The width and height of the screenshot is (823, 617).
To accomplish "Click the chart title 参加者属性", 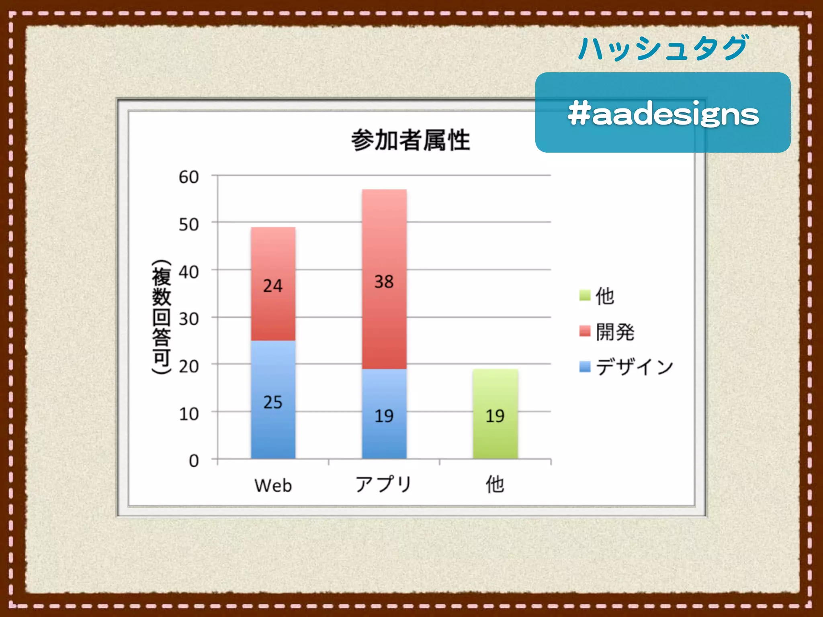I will click(x=410, y=140).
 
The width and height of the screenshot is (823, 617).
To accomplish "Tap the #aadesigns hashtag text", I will click(x=663, y=114).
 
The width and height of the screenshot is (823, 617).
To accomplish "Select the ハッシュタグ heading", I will click(x=663, y=48).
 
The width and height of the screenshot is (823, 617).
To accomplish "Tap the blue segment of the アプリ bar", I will click(x=384, y=415).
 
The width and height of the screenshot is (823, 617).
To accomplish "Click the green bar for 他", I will click(x=495, y=415).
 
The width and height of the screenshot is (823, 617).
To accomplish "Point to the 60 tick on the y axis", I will click(x=189, y=177).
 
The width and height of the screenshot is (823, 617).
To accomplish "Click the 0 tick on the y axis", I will click(x=194, y=461).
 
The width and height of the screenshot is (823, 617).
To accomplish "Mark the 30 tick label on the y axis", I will click(x=189, y=319).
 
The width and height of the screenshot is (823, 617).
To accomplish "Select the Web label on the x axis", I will click(x=273, y=485).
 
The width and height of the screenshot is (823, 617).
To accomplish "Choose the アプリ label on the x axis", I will click(x=384, y=484).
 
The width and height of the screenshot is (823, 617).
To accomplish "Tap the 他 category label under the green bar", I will click(x=495, y=484).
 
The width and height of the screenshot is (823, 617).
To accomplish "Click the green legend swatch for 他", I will click(x=585, y=295).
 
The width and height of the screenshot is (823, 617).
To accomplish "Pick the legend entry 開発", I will click(x=615, y=332).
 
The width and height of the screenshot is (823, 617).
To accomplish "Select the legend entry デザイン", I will click(x=634, y=367).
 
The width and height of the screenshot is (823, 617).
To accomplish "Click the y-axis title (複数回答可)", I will click(x=162, y=317).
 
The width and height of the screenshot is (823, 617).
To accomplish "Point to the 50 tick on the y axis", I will click(x=189, y=224).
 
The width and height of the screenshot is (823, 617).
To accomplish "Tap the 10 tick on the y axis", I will click(x=189, y=414).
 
